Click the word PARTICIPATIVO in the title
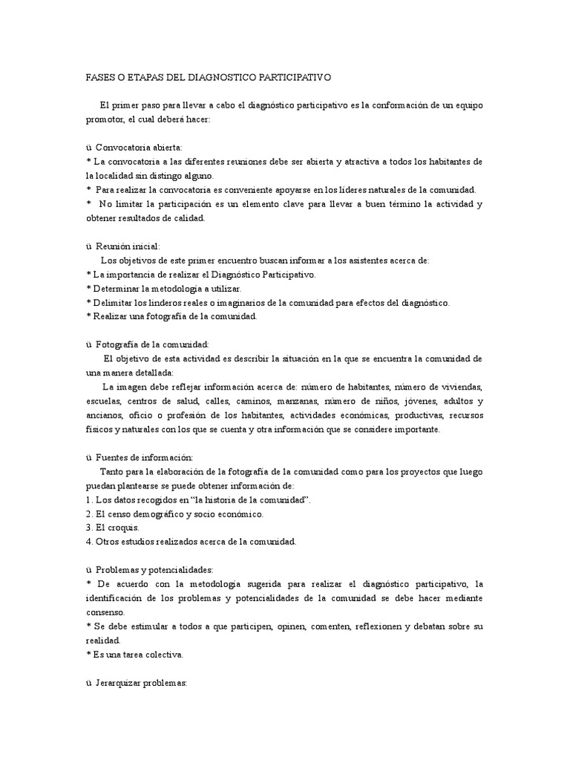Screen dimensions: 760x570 296,77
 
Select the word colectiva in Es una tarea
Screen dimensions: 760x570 161,655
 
